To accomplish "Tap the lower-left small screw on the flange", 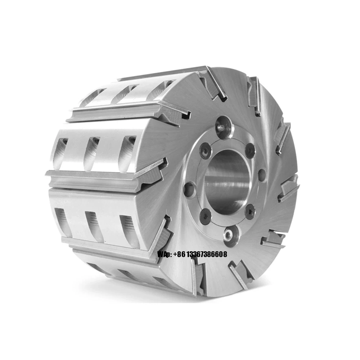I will (x=205, y=217).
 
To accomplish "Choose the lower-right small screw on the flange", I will (x=249, y=212).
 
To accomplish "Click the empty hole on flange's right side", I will (x=262, y=175).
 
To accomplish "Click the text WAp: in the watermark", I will (x=165, y=255).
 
